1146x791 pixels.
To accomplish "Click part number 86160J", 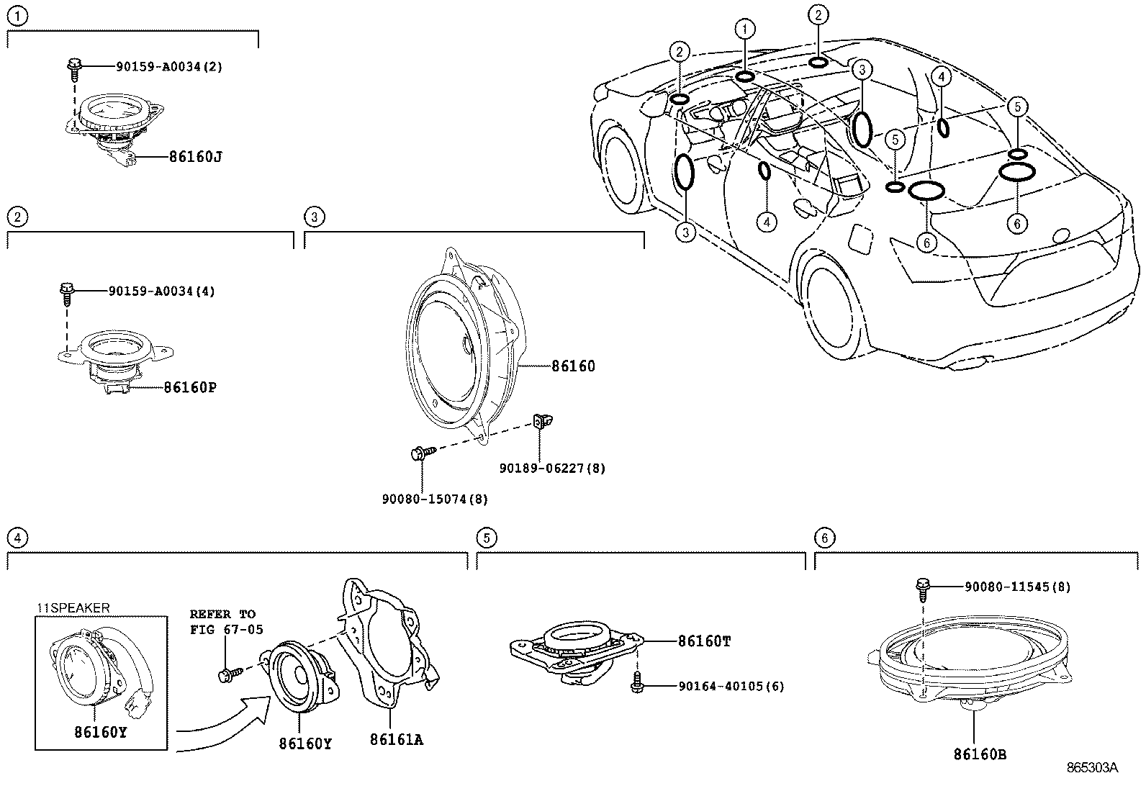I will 195,156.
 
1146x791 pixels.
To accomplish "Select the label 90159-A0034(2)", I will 169,66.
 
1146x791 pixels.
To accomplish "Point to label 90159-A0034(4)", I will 161,291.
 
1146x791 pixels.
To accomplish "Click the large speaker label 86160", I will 573,366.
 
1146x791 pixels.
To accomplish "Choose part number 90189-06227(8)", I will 552,469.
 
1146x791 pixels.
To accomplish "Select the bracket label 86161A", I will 396,739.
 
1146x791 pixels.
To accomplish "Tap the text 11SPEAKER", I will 73,608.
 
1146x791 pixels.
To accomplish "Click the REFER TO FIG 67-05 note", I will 225,622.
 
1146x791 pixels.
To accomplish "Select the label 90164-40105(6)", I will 731,687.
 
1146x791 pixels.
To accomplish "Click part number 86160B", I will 980,754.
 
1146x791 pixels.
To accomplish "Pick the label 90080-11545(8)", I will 1017,587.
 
